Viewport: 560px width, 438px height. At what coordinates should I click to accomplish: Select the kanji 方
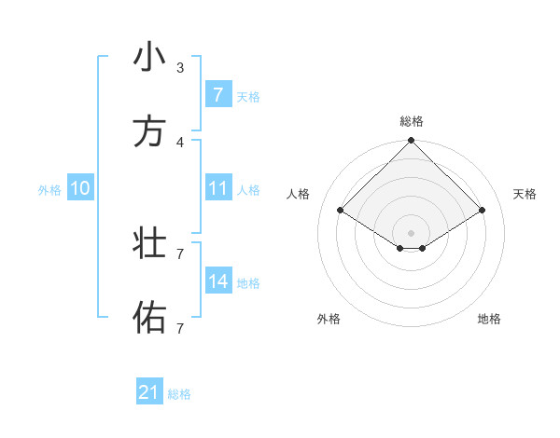148,132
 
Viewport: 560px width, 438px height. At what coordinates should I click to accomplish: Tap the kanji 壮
148,244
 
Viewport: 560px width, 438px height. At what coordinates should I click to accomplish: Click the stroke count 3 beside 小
179,67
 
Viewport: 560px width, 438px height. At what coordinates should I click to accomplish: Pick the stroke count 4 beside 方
179,142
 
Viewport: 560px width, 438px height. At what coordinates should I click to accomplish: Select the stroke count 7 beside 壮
179,253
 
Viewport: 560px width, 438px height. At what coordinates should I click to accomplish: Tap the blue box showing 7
217,95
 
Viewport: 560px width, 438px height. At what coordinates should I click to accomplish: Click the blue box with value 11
217,188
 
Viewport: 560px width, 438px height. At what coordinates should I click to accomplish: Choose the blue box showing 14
217,281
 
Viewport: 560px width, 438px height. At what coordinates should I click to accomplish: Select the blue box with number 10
80,188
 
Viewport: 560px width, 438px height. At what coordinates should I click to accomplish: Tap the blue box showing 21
149,393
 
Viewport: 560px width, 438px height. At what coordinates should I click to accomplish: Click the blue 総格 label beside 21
179,394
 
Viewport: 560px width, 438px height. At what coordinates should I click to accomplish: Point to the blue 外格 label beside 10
49,189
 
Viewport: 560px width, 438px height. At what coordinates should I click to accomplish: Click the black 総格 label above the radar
412,121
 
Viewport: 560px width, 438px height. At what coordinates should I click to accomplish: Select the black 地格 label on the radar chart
489,319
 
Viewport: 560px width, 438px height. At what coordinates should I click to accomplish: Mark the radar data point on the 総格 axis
412,142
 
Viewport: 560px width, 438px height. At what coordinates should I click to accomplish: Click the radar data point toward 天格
483,211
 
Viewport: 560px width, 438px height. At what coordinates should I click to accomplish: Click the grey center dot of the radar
412,232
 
